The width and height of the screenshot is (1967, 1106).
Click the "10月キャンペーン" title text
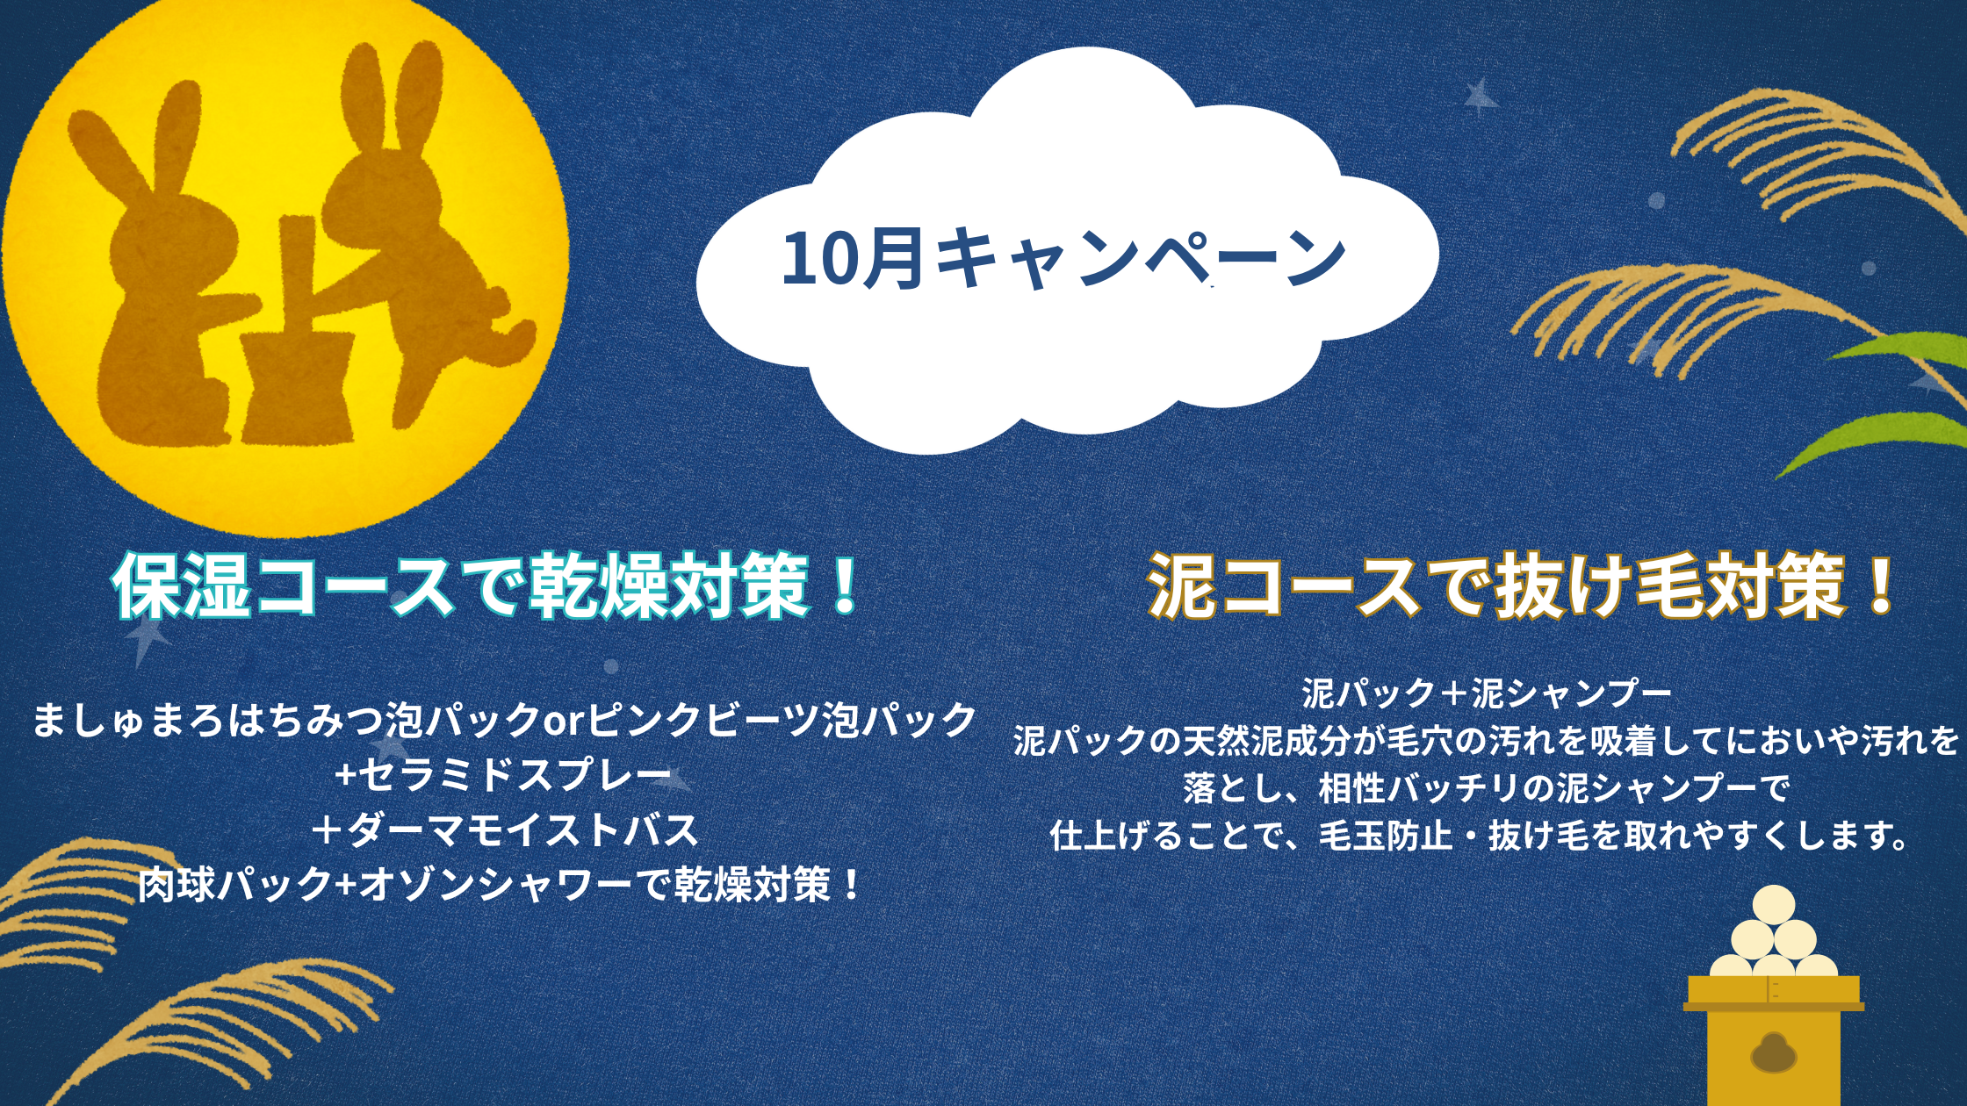point(1064,258)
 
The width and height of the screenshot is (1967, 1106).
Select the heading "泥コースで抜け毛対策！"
point(1522,585)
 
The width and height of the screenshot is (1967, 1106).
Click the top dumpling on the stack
point(1773,906)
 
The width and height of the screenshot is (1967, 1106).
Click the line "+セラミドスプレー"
point(503,775)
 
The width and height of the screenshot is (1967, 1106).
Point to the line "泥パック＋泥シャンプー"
point(1487,693)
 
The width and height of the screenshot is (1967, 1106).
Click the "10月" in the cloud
point(852,258)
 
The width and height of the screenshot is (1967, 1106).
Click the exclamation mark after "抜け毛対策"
point(1880,585)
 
